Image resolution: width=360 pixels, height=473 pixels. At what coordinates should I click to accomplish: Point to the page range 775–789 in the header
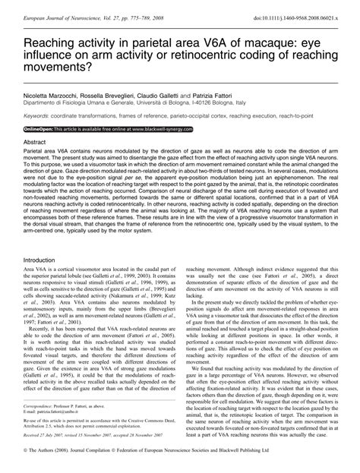click(x=156, y=7)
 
